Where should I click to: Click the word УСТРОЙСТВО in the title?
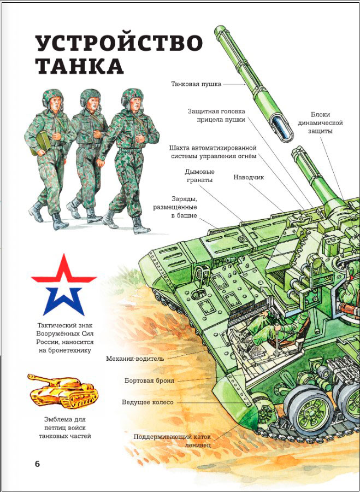click(119, 43)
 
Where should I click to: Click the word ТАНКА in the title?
click(79, 66)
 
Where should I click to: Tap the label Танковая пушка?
click(196, 84)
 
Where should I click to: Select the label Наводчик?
click(249, 177)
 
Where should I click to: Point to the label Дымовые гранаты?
click(200, 175)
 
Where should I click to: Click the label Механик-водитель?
click(135, 359)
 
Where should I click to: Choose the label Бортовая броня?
click(149, 380)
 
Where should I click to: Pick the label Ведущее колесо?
click(147, 402)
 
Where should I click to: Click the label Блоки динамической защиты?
click(320, 122)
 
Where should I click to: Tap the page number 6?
click(37, 464)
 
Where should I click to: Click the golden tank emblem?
click(63, 391)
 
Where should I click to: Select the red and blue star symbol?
click(64, 285)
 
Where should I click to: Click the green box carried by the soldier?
click(41, 143)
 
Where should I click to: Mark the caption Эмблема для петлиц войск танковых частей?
click(64, 427)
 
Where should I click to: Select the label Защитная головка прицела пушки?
click(216, 115)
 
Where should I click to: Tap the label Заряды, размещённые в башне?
click(175, 207)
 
